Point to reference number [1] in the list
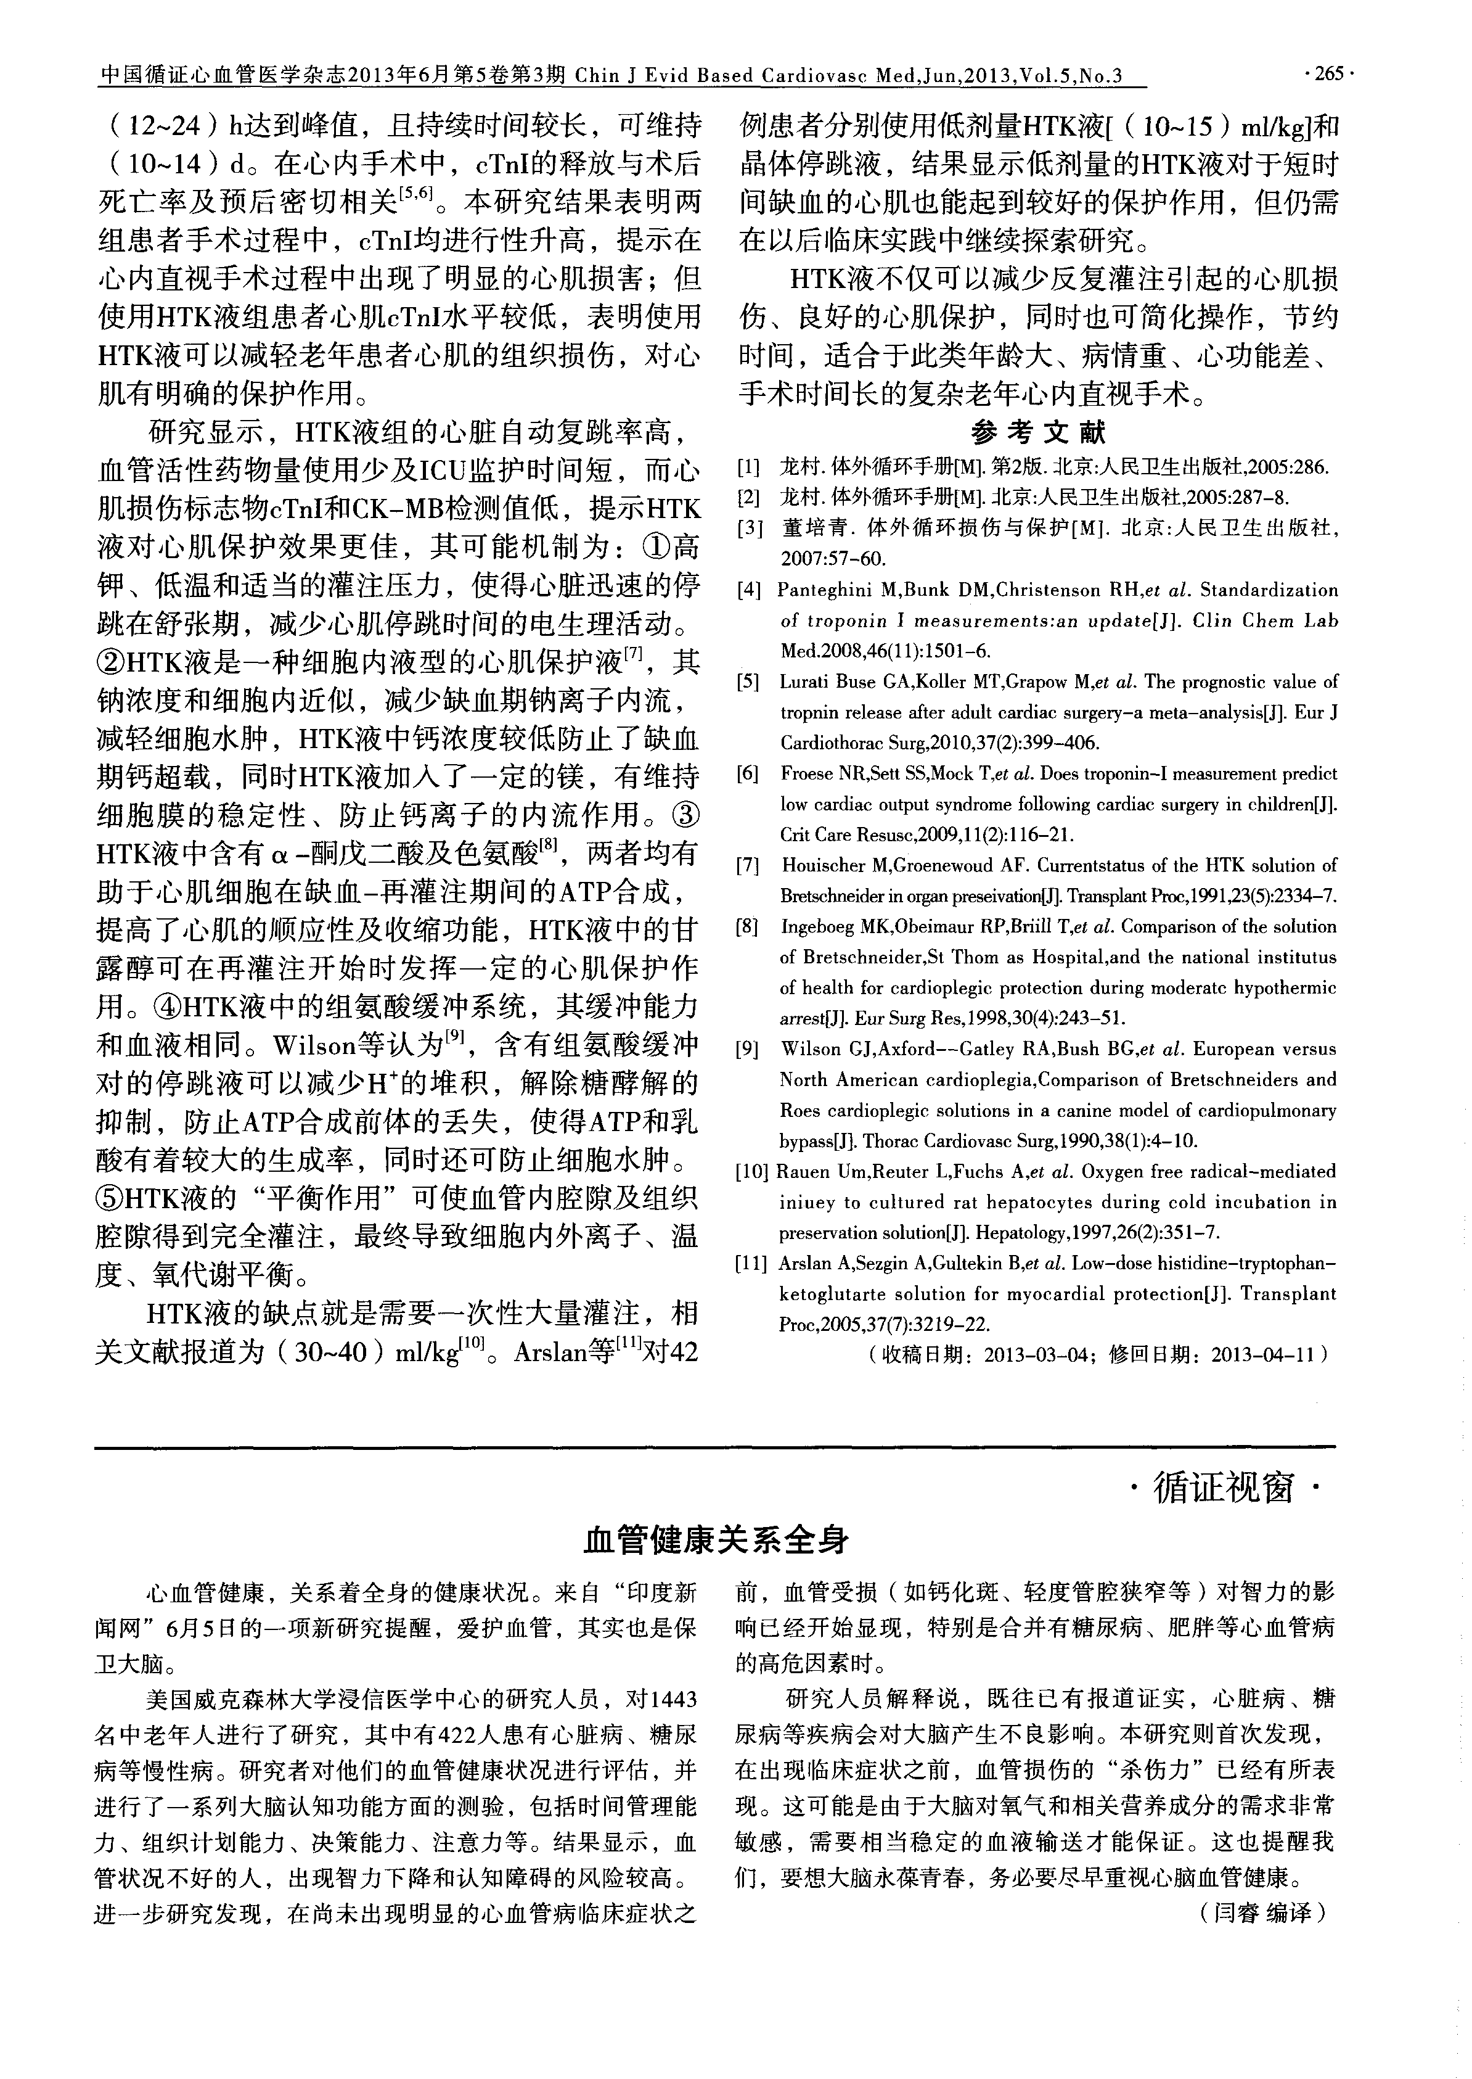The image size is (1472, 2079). point(749,469)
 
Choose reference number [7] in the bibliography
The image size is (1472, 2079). point(749,866)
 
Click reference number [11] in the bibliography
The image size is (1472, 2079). point(752,1263)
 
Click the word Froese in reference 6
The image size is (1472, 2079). point(806,773)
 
